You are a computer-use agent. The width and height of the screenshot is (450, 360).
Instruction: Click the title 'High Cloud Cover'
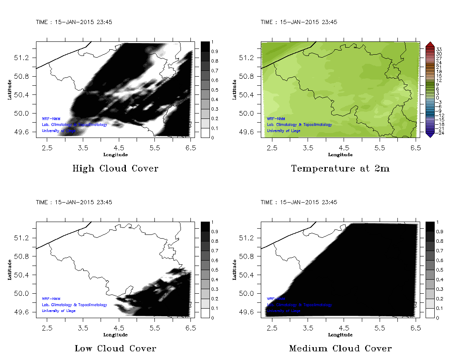115,169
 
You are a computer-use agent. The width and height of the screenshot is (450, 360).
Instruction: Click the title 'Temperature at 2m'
340,169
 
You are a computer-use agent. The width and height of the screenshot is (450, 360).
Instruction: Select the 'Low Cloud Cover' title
115,348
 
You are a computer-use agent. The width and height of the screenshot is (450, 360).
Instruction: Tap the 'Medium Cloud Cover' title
340,348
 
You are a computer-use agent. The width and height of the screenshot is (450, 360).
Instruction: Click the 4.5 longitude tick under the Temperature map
344,148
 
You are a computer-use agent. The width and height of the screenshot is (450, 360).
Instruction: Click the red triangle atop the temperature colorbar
430,44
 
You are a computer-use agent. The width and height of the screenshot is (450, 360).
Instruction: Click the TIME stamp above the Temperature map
299,22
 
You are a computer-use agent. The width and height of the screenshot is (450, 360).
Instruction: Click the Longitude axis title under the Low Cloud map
115,335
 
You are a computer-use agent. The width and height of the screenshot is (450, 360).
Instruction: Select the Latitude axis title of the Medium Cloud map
235,269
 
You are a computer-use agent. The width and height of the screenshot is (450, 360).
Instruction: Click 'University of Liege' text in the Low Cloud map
59,311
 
